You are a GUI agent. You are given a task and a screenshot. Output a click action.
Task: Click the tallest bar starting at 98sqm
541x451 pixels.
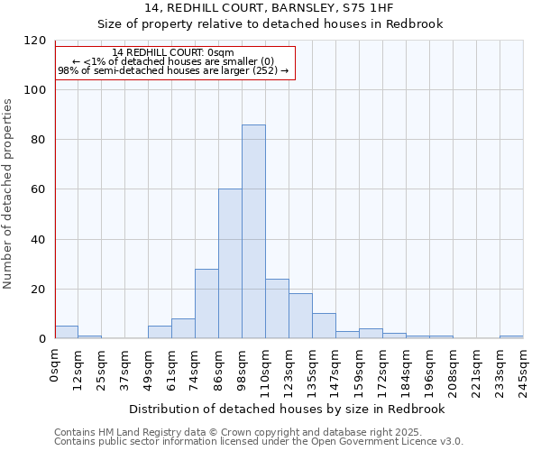point(253,232)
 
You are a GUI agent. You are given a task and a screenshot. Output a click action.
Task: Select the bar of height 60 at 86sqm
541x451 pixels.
point(230,263)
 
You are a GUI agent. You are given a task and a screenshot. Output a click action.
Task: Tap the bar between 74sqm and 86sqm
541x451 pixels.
point(206,304)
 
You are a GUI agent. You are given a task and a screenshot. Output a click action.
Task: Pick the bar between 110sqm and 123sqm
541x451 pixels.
point(277,308)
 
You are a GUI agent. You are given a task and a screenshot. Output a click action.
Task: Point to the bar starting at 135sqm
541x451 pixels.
point(324,326)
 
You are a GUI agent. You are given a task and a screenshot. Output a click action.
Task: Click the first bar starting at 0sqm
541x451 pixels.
point(66,332)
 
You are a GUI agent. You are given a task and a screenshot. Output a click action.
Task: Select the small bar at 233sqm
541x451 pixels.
point(511,336)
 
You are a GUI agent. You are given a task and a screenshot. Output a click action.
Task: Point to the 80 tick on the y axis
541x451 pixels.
point(38,140)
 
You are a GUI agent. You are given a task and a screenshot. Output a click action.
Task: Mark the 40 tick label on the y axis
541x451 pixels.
point(38,240)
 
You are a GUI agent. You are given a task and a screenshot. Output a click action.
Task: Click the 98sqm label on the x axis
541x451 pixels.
point(243,366)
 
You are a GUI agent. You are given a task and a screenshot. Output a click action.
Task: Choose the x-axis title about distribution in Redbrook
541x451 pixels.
point(287,409)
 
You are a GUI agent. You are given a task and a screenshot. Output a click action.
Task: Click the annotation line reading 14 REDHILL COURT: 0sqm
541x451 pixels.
point(173,53)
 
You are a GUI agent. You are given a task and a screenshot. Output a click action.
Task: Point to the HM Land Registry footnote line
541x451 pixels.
point(232,432)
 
